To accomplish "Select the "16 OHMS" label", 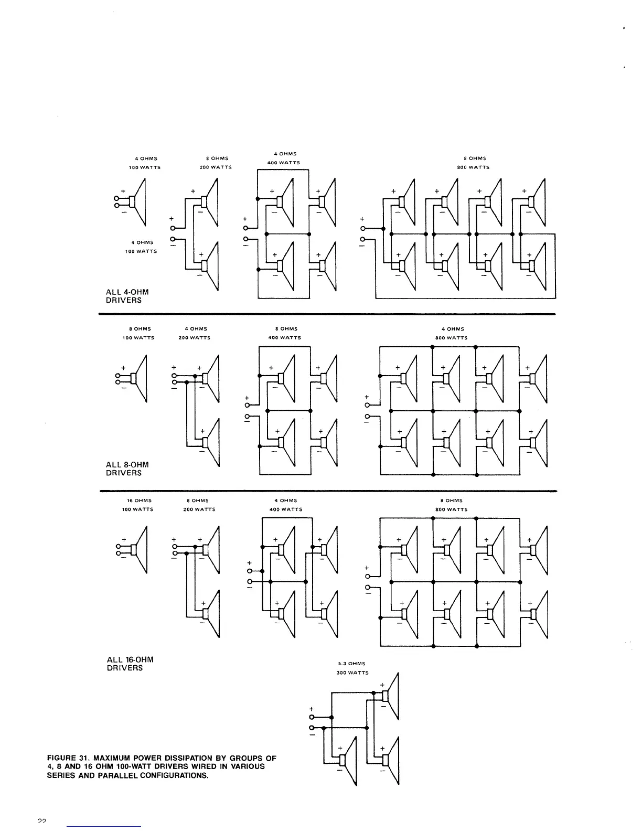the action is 137,500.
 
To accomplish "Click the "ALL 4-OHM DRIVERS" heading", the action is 124,296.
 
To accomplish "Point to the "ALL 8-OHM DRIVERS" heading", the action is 127,468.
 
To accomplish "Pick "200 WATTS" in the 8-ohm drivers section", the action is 194,338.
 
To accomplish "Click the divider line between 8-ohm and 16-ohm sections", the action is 327,491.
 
